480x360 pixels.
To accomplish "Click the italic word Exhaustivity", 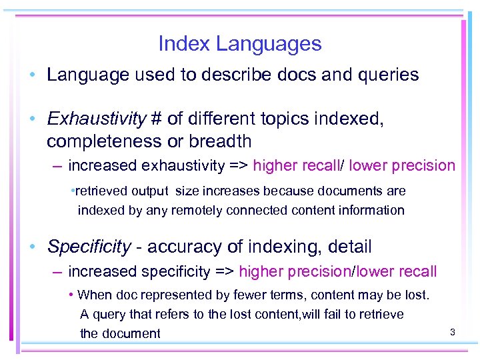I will point(97,119).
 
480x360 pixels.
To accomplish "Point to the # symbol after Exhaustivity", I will point(157,119).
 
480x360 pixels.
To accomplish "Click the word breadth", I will point(219,141).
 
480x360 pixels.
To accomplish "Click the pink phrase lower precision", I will point(402,165).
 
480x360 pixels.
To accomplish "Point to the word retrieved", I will point(100,191).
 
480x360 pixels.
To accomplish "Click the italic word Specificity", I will point(89,247).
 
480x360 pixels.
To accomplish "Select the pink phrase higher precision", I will point(294,271).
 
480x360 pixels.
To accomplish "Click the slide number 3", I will point(452,331).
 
